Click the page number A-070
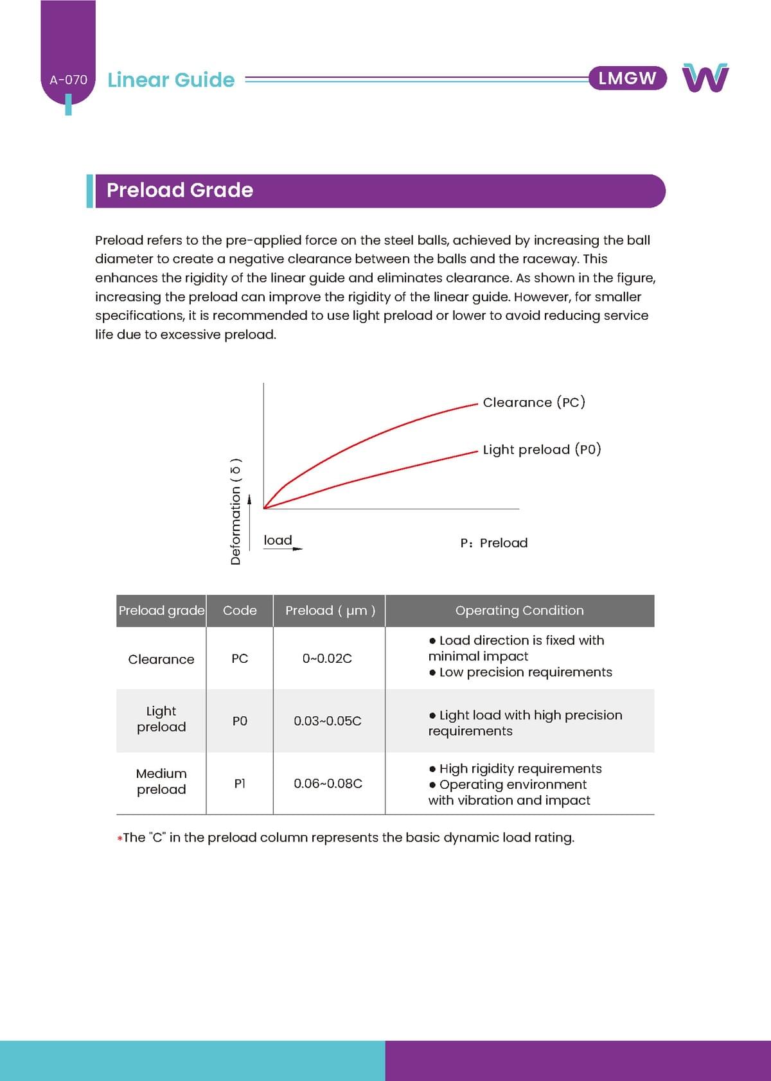[x=68, y=80]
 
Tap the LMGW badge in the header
[x=627, y=78]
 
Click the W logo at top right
[x=705, y=78]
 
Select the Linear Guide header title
[x=171, y=80]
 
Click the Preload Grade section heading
[x=180, y=190]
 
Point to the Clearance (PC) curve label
[x=534, y=403]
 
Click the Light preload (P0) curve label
[x=542, y=450]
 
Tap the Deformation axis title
[x=236, y=511]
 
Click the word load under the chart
[x=278, y=540]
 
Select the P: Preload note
[x=494, y=543]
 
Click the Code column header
[x=240, y=610]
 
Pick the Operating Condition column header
[x=519, y=610]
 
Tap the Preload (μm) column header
[x=330, y=610]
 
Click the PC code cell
[x=240, y=658]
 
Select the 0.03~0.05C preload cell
[x=328, y=721]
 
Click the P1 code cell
[x=240, y=784]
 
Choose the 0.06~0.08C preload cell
[x=328, y=784]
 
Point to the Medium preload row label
[x=161, y=781]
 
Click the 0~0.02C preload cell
[x=327, y=658]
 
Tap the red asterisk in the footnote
[x=120, y=838]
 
